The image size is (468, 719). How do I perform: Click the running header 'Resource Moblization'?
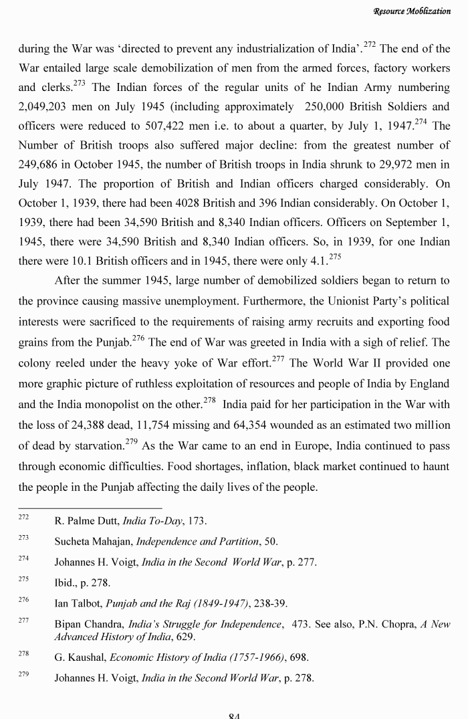[412, 11]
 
